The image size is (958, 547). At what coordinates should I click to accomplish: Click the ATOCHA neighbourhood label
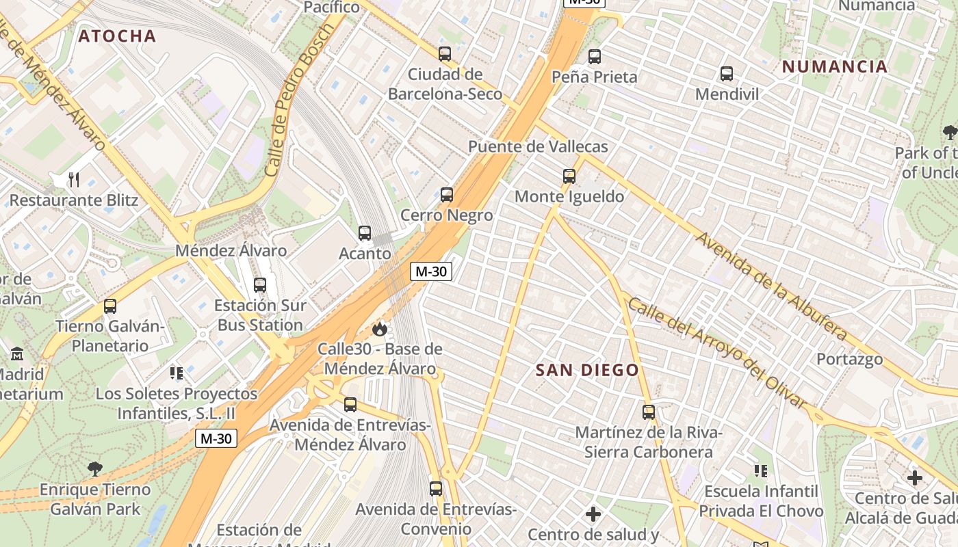pyautogui.click(x=117, y=36)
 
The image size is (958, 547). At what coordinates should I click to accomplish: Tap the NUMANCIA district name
pyautogui.click(x=835, y=67)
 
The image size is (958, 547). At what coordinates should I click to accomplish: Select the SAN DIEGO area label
pyautogui.click(x=587, y=371)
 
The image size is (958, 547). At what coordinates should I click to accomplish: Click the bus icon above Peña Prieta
pyautogui.click(x=595, y=57)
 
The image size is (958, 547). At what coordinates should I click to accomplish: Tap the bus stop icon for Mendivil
pyautogui.click(x=727, y=74)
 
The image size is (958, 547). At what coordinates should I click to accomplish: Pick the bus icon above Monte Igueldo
pyautogui.click(x=569, y=176)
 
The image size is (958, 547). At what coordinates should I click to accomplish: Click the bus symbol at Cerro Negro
pyautogui.click(x=447, y=195)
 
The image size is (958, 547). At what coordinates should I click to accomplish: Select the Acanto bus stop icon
pyautogui.click(x=365, y=233)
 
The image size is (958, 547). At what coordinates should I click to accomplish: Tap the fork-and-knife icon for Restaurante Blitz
pyautogui.click(x=74, y=180)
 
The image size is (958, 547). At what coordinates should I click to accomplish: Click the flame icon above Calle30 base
pyautogui.click(x=379, y=330)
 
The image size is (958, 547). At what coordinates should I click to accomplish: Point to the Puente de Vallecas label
pyautogui.click(x=538, y=147)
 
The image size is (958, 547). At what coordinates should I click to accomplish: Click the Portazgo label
pyautogui.click(x=849, y=359)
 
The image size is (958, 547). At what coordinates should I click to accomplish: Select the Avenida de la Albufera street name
pyautogui.click(x=772, y=286)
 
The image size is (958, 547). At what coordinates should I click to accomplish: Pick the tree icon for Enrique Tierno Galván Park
pyautogui.click(x=95, y=469)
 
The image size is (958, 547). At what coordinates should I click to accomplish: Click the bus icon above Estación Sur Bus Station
pyautogui.click(x=260, y=285)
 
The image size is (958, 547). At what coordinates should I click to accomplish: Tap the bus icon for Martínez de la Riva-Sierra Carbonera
pyautogui.click(x=649, y=412)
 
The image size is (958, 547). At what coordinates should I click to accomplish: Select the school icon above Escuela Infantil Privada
pyautogui.click(x=760, y=471)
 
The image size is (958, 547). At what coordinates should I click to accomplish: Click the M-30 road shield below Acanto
pyautogui.click(x=431, y=271)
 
